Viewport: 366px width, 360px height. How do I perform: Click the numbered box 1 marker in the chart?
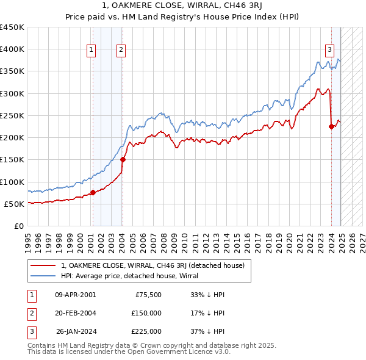point(91,50)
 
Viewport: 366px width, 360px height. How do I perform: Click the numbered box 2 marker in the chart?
point(121,50)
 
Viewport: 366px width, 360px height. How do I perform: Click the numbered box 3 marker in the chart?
point(329,50)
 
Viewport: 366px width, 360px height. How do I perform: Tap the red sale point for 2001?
point(93,192)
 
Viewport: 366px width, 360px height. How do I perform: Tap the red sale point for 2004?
point(123,160)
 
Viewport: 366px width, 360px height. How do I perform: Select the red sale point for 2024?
point(331,126)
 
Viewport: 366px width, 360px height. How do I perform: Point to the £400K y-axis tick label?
point(12,49)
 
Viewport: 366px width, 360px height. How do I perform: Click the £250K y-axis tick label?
point(12,115)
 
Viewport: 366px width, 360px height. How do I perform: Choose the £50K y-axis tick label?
point(15,204)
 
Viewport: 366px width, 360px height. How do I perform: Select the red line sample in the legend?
point(43,265)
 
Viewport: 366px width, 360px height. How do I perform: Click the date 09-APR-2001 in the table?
point(75,294)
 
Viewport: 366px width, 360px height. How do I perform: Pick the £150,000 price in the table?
point(146,312)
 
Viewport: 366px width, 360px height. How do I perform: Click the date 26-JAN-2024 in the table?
point(75,331)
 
